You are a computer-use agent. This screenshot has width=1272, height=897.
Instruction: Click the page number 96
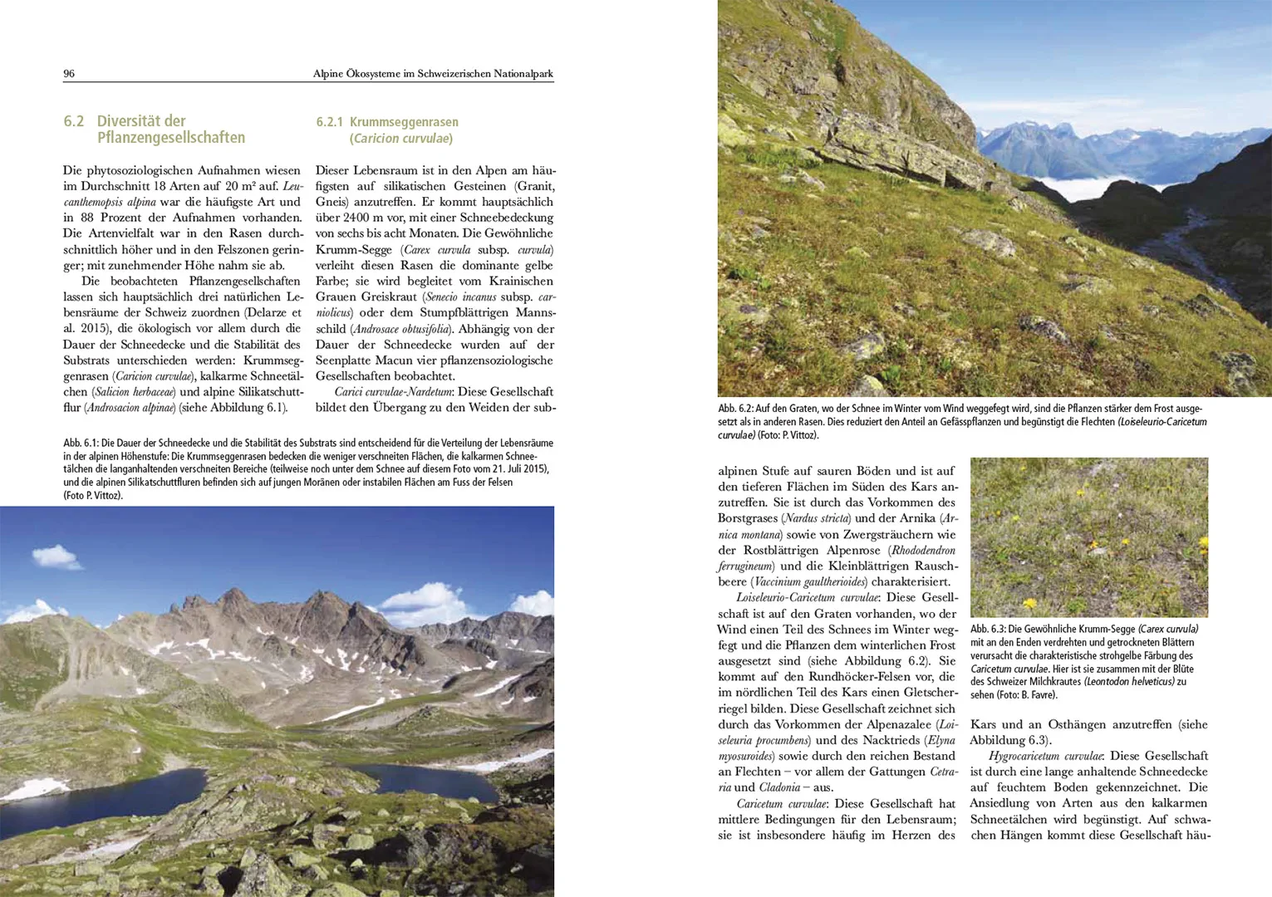point(69,74)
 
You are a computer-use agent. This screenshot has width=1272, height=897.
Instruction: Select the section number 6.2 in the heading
point(74,121)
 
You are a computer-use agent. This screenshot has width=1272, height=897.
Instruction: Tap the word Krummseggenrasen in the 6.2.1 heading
point(404,122)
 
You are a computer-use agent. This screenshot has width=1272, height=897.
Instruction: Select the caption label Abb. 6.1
point(81,444)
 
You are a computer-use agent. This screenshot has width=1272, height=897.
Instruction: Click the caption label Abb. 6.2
point(735,409)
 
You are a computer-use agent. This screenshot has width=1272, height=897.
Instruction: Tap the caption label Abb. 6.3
point(988,630)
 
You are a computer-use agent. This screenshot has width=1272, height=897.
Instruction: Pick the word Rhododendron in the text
point(923,550)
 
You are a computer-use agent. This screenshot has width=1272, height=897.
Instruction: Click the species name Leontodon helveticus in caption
point(1128,682)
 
